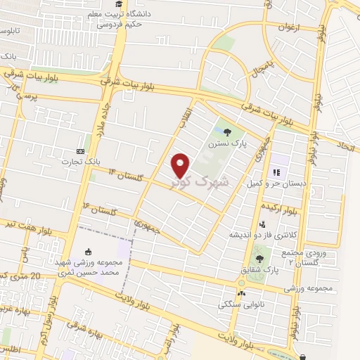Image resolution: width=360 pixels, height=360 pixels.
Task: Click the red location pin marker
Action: tap(181, 165)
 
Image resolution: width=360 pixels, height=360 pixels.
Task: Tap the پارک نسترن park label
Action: tap(226, 143)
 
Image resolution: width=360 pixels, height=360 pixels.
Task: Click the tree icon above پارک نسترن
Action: tap(226, 131)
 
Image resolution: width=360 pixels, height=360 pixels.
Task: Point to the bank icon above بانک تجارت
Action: tap(80, 151)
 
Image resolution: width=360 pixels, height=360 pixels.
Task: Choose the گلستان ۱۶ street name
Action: tap(98, 208)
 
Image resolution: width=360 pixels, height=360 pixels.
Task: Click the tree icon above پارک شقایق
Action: tap(259, 259)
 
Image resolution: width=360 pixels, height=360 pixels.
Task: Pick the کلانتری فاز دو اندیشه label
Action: tap(257, 234)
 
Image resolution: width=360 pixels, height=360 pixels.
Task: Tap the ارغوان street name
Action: tap(289, 29)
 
